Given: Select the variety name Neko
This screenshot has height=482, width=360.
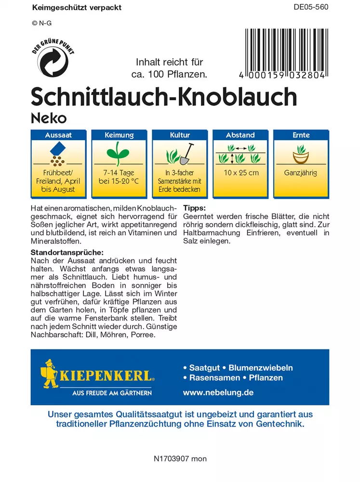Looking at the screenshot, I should coord(49,117).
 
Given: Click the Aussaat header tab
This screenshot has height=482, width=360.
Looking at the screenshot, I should coord(58,135).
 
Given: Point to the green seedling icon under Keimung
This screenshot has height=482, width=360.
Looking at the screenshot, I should coord(119,154).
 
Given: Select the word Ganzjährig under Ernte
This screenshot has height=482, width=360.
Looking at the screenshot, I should coord(301,173).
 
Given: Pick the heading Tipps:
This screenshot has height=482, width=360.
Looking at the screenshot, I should coord(195,208).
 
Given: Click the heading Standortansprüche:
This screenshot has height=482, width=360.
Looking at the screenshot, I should coord(67,252).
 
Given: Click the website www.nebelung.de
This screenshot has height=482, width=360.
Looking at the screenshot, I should coord(218,392).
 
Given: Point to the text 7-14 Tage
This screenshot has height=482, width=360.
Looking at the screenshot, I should coord(119,173).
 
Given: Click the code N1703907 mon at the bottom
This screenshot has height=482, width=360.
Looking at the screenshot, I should coord(179,458).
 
